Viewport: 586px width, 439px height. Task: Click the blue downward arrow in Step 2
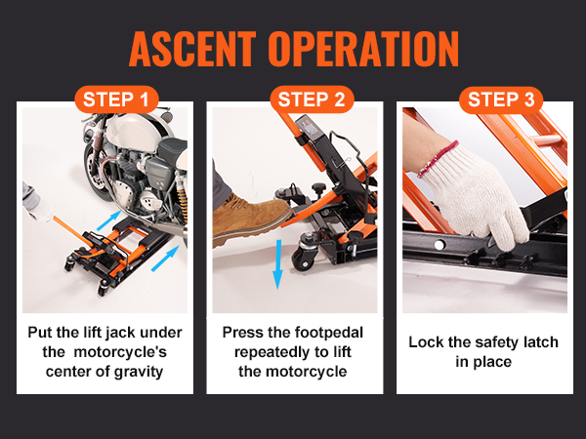277,262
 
